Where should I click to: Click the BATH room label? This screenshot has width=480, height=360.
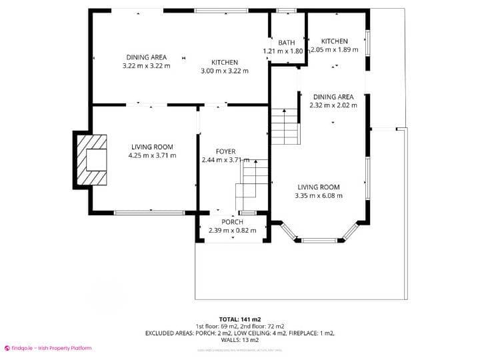click(287, 43)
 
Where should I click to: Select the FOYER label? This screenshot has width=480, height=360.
click(225, 152)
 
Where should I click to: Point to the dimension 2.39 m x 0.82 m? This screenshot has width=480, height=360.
click(232, 231)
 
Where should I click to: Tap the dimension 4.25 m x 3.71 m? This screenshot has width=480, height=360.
click(152, 156)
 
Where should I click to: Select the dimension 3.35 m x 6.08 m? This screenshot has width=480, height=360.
click(319, 196)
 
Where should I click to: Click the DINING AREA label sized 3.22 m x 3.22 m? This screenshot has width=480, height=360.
click(147, 57)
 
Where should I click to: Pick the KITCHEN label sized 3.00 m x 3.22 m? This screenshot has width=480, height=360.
click(225, 63)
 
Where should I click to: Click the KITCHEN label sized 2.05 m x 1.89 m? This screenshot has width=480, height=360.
click(335, 41)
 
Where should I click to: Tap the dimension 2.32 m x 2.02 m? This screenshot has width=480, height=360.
click(333, 105)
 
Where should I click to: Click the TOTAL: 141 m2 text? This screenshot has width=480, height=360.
click(239, 319)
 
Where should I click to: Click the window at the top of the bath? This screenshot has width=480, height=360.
click(287, 11)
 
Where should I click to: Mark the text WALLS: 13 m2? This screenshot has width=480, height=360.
click(239, 339)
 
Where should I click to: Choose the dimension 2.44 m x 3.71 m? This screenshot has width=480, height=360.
click(225, 161)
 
